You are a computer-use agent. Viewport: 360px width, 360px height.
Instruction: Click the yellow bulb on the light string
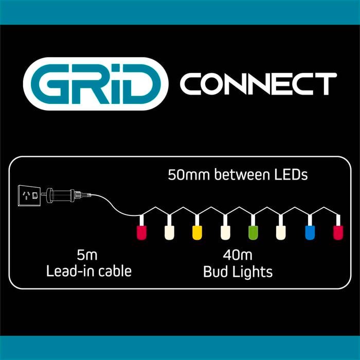point(197,232)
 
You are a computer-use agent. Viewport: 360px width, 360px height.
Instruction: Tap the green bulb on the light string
point(253,232)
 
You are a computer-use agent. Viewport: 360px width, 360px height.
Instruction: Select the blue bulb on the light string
point(310,232)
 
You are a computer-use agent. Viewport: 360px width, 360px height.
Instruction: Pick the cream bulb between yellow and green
point(225,232)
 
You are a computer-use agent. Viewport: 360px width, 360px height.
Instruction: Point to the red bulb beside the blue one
point(338,232)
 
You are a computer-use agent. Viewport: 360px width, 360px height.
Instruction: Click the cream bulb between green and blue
point(281,232)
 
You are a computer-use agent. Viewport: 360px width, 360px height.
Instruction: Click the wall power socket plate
point(29,195)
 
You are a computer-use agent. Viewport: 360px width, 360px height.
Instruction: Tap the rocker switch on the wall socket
point(34,195)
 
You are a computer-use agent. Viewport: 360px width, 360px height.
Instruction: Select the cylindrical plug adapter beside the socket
point(61,195)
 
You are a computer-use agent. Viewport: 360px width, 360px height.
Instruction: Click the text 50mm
point(189,175)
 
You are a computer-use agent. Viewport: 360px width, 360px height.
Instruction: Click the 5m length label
point(87,255)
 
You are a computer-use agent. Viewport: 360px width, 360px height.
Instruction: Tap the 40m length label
point(238,255)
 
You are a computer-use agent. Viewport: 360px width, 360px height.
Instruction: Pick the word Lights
point(252,272)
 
